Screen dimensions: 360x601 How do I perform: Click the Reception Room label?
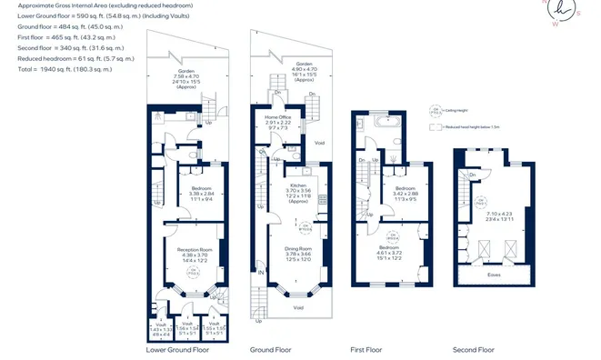[x=195, y=249]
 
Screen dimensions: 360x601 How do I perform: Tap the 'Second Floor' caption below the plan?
[x=474, y=349]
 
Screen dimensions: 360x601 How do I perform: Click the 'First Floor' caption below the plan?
[x=367, y=349]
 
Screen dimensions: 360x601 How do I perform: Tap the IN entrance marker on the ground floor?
[x=261, y=272]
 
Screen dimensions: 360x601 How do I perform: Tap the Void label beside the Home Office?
[x=318, y=143]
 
